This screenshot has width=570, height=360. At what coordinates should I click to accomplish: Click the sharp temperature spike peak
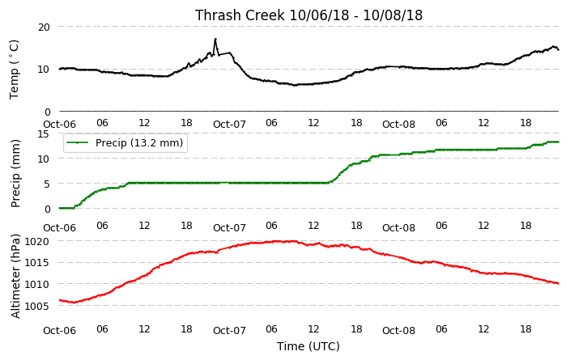[x=215, y=39]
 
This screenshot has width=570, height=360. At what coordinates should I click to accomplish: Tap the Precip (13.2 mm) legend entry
[x=125, y=142]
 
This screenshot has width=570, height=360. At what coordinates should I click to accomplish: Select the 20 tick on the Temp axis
[x=44, y=27]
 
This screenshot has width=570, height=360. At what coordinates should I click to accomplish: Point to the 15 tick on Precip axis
[x=44, y=134]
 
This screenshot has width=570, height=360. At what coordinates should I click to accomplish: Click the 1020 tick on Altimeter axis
[x=36, y=241]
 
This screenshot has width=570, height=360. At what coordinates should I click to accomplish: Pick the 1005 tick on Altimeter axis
[x=36, y=306]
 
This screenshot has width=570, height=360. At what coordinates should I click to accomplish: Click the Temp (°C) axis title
[x=14, y=70]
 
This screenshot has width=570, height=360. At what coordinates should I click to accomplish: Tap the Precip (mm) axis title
[x=15, y=173]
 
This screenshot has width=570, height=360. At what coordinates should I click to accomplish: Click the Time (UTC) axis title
[x=308, y=346]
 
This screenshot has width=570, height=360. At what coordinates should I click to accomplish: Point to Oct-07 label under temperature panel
[x=229, y=125]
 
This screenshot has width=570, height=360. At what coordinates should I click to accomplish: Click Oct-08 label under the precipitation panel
[x=399, y=228]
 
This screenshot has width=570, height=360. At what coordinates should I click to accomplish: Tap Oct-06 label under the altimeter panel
[x=60, y=331]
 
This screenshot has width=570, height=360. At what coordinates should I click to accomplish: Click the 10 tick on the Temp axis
[x=44, y=70]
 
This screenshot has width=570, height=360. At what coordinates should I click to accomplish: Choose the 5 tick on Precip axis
[x=47, y=184]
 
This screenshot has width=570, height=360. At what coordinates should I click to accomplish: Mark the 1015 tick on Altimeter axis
[x=36, y=263]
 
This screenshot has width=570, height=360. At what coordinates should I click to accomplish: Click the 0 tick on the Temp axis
[x=47, y=112]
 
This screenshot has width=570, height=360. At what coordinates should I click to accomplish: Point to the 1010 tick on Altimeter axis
[x=36, y=284]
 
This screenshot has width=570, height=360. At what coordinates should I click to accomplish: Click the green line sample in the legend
[x=77, y=142]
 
